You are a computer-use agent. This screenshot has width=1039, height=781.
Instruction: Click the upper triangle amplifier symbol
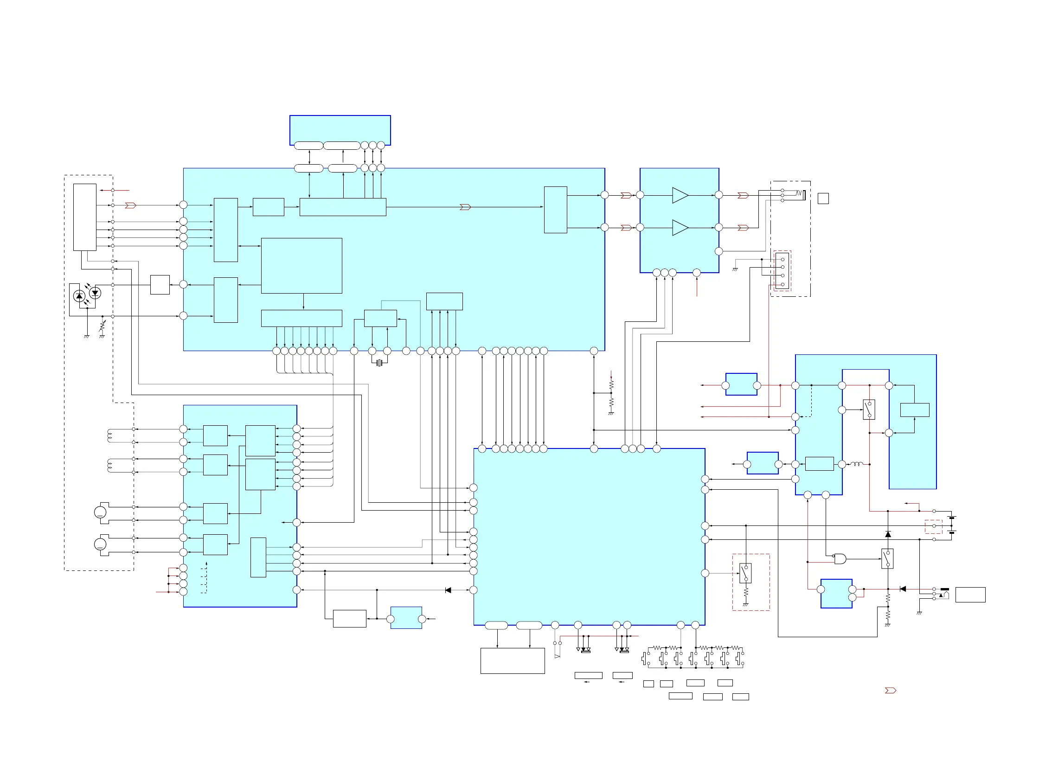[x=679, y=195]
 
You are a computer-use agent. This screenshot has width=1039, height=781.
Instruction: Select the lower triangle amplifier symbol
[x=679, y=228]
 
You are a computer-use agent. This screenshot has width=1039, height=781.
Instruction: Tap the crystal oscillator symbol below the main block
[x=379, y=363]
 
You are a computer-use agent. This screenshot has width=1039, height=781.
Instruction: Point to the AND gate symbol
[x=840, y=559]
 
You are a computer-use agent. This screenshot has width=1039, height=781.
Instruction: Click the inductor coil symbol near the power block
[x=856, y=464]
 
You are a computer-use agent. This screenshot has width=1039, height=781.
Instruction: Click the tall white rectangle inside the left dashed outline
[x=84, y=217]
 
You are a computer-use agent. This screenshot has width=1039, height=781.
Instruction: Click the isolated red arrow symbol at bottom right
[x=890, y=691]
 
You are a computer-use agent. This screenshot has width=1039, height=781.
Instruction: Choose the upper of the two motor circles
[x=101, y=512]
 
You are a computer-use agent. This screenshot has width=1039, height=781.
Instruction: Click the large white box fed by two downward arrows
[x=513, y=661]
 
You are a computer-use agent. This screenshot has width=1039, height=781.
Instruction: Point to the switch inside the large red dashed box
[x=745, y=573]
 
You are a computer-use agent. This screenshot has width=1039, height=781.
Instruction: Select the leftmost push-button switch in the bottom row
[x=645, y=659]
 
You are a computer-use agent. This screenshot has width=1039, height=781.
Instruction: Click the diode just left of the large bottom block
[x=448, y=590]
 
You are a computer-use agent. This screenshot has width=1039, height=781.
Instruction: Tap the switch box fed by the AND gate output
[x=887, y=559]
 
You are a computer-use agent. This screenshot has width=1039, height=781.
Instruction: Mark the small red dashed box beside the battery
[x=933, y=526]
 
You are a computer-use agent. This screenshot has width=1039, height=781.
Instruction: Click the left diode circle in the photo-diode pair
[x=79, y=296]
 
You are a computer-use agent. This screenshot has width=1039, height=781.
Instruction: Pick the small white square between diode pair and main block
[x=160, y=285]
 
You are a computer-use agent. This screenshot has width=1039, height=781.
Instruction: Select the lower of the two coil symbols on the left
[x=110, y=466]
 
